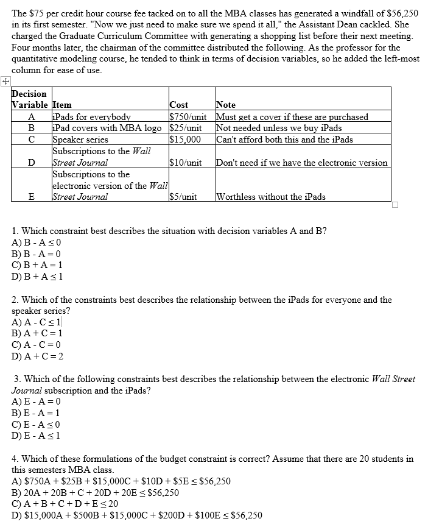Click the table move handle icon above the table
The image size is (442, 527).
[x=5, y=81]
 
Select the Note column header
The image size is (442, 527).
[x=226, y=105]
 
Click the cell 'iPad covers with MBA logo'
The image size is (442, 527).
[x=108, y=128]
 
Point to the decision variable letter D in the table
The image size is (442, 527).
[x=31, y=163]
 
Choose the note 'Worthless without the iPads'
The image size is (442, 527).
[x=271, y=197]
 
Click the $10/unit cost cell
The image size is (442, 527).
[x=186, y=163]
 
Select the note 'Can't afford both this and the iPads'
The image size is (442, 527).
[x=284, y=140]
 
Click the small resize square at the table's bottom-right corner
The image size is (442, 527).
[x=395, y=205]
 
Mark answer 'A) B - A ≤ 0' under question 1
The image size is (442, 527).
[x=37, y=242]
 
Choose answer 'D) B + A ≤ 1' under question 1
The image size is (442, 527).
[x=37, y=275]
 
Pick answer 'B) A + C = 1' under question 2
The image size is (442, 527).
[x=37, y=333]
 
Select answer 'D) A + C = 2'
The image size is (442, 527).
[x=37, y=356]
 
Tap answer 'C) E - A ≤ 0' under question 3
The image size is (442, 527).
[x=36, y=425]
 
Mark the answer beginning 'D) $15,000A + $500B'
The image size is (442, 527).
[x=137, y=515]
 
